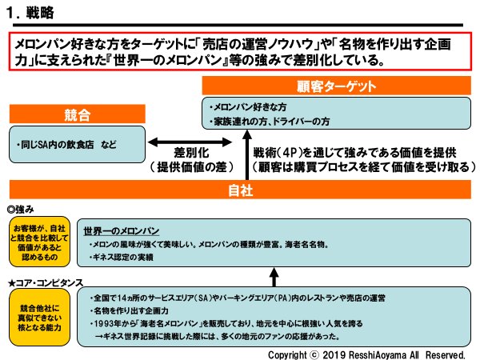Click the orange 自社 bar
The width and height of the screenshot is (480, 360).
click(x=240, y=190)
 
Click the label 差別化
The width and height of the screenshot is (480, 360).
click(x=192, y=151)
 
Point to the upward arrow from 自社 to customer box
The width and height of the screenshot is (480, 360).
click(x=246, y=161)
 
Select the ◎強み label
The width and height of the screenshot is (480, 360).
click(x=24, y=208)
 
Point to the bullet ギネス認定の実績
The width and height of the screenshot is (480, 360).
click(x=127, y=257)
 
